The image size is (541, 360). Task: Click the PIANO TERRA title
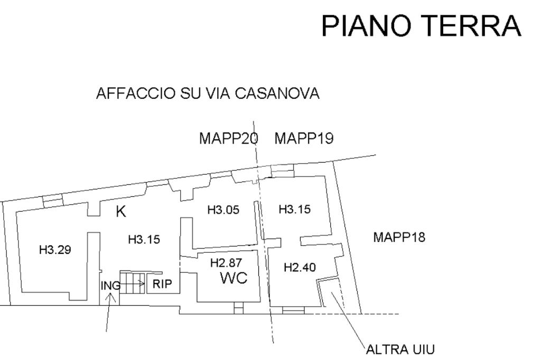coord(421,25)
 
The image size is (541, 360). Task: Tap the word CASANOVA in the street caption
coord(277,93)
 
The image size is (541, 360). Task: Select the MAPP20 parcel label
coord(228,139)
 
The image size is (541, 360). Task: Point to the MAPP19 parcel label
coord(304,139)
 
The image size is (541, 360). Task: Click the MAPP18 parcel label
coord(399,237)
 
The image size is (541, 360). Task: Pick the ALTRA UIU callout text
coord(400,349)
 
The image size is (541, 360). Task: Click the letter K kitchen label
coord(121,211)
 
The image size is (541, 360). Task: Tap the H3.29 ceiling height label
coord(55,249)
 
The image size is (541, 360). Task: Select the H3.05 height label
coord(223,210)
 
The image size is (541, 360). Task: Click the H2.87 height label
coord(226,263)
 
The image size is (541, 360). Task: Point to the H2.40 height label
coord(300,267)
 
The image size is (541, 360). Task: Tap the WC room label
coord(234,278)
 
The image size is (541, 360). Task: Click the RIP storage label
coord(162,284)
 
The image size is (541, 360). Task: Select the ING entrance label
coord(110,286)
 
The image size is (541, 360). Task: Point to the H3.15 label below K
coord(144,239)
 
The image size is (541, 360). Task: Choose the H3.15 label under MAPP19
coord(295,209)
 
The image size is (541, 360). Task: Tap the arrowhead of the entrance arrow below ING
coord(111,296)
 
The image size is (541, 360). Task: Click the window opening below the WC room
coord(238,308)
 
